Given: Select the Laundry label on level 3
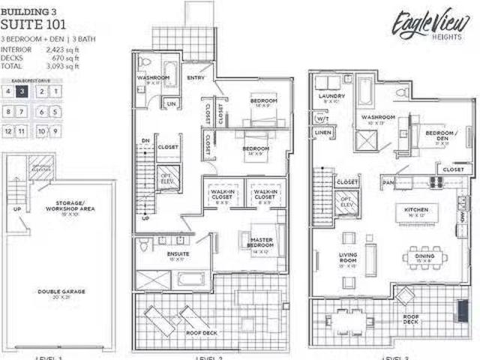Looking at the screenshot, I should (x=331, y=96).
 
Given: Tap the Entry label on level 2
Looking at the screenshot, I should (x=196, y=77).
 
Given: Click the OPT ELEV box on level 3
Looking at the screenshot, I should (x=346, y=201).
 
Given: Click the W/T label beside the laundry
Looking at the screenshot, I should (x=322, y=118).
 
